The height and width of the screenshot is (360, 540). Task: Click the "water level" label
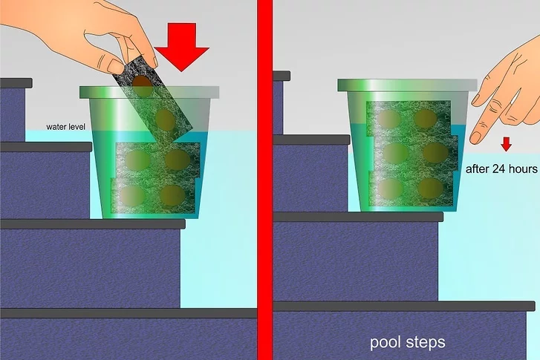pyautogui.click(x=66, y=127)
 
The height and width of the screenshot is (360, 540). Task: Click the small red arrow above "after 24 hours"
pyautogui.click(x=506, y=144)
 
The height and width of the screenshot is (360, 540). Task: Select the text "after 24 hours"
pyautogui.click(x=501, y=169)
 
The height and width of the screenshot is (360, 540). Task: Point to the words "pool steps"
pyautogui.click(x=407, y=342)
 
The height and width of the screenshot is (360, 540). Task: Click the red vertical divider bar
pyautogui.click(x=265, y=180)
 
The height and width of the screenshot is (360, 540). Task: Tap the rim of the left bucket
pyautogui.click(x=149, y=92)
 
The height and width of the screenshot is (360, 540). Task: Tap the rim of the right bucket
pyautogui.click(x=407, y=85)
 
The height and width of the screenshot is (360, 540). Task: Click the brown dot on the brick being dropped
pyautogui.click(x=142, y=85)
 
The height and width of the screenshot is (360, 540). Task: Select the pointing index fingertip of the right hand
pyautogui.click(x=477, y=137)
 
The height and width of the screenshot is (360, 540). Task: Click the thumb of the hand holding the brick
pyautogui.click(x=113, y=64)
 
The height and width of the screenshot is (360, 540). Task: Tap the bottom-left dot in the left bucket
pyautogui.click(x=133, y=195)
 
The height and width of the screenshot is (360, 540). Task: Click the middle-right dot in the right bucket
pyautogui.click(x=436, y=151)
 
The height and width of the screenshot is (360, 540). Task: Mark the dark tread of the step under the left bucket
pyautogui.click(x=93, y=224)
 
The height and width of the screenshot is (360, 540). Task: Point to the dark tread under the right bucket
pyautogui.click(x=358, y=217)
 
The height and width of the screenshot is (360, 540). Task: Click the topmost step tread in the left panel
pyautogui.click(x=16, y=83)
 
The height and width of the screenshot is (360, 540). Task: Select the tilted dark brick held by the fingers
pyautogui.click(x=152, y=97)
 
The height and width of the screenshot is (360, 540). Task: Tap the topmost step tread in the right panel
pyautogui.click(x=282, y=76)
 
